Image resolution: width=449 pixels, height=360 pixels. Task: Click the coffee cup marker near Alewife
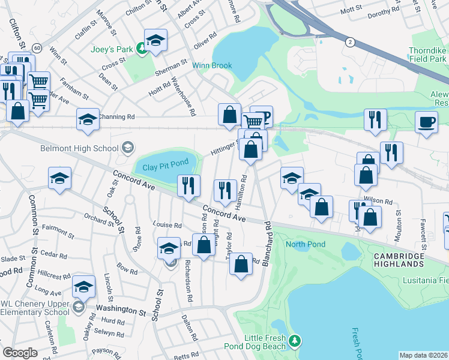pyautogui.click(x=427, y=123)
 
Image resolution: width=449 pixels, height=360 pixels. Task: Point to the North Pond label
pyautogui.click(x=306, y=244)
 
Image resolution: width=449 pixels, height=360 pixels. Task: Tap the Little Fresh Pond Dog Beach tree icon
pyautogui.click(x=294, y=341)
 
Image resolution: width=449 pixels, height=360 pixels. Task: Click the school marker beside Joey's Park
pyautogui.click(x=155, y=41)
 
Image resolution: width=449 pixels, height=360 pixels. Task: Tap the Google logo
pyautogui.click(x=20, y=353)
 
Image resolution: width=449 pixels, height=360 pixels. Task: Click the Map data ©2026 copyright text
pyautogui.click(x=423, y=355)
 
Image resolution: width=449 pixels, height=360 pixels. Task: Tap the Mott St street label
pyautogui.click(x=352, y=11)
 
